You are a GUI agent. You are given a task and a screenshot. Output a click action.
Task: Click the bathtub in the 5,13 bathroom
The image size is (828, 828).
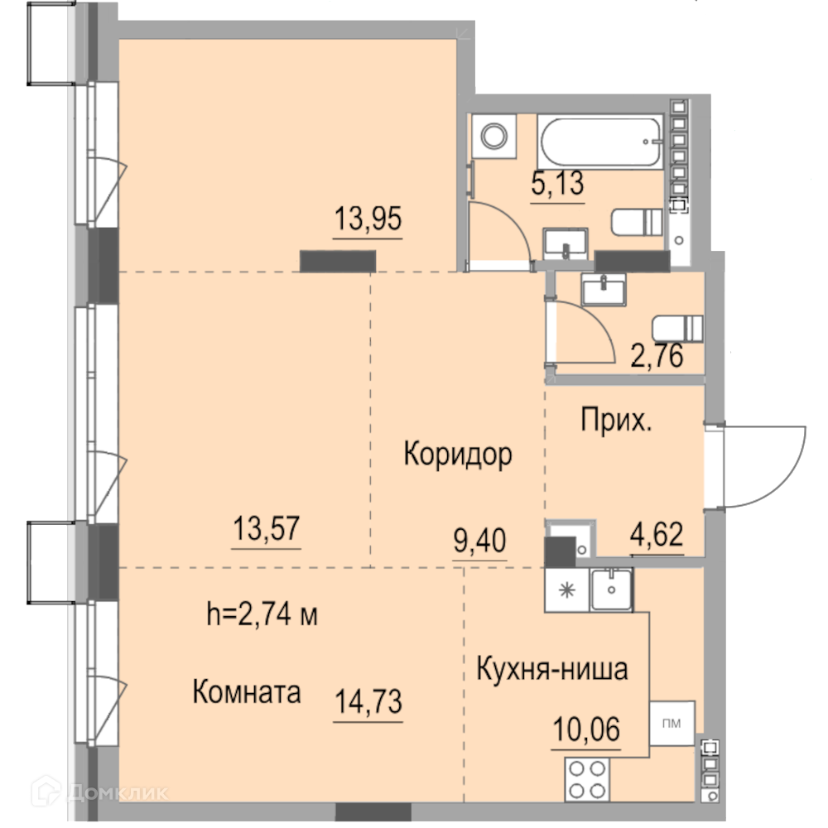point(600,142)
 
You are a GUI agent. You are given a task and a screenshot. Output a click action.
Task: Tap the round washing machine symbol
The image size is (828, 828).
point(493,137)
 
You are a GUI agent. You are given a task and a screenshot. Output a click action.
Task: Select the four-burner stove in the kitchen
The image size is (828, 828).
point(587,779)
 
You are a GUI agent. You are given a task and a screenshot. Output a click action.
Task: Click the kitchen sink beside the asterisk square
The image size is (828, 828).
point(611,590)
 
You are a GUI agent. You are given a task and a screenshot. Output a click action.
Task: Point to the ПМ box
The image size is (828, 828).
point(672,723)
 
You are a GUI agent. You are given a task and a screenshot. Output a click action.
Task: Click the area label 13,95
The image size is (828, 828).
point(368,218)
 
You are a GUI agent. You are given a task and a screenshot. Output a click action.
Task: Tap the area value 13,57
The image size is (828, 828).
point(266,528)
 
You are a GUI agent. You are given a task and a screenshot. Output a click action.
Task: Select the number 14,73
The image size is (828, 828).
point(368,701)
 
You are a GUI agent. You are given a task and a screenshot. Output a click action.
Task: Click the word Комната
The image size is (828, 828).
point(247,691)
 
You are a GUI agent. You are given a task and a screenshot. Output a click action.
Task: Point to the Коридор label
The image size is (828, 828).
point(458,454)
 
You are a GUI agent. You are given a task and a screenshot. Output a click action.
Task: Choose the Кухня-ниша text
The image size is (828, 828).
point(552,668)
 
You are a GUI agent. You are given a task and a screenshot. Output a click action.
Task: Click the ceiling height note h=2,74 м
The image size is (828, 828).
point(262,614)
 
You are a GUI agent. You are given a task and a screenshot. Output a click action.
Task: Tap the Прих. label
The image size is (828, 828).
point(616,421)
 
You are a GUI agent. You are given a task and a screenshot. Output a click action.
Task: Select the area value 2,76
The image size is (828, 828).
point(657,355)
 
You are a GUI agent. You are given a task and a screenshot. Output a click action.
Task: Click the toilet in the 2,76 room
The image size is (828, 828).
point(677,329)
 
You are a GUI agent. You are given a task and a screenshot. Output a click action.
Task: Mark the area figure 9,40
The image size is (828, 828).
point(480,540)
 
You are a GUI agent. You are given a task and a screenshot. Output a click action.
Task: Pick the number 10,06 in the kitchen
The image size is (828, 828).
point(586,729)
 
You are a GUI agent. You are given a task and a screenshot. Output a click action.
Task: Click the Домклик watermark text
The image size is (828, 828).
point(118,792)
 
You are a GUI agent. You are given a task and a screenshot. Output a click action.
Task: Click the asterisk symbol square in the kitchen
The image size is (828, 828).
point(567,590)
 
